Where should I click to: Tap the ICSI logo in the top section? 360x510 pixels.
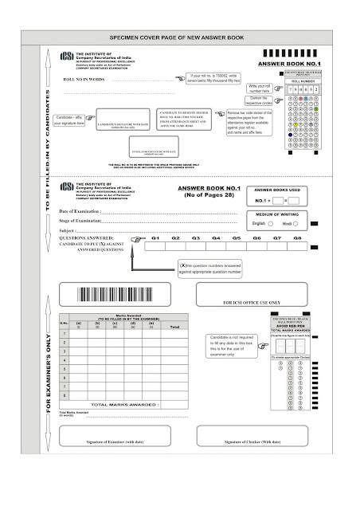click(x=64, y=60)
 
